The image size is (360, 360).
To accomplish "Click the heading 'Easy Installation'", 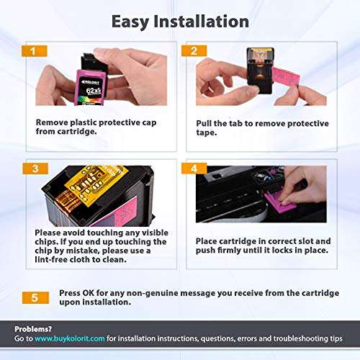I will [x=179, y=21].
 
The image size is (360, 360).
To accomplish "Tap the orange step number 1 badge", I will [x=36, y=52].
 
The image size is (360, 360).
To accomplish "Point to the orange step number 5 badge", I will [x=36, y=296].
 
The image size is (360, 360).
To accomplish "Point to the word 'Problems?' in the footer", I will [x=32, y=328].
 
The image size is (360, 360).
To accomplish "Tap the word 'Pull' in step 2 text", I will [x=205, y=124].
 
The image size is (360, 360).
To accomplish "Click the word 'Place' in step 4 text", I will [x=209, y=240].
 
